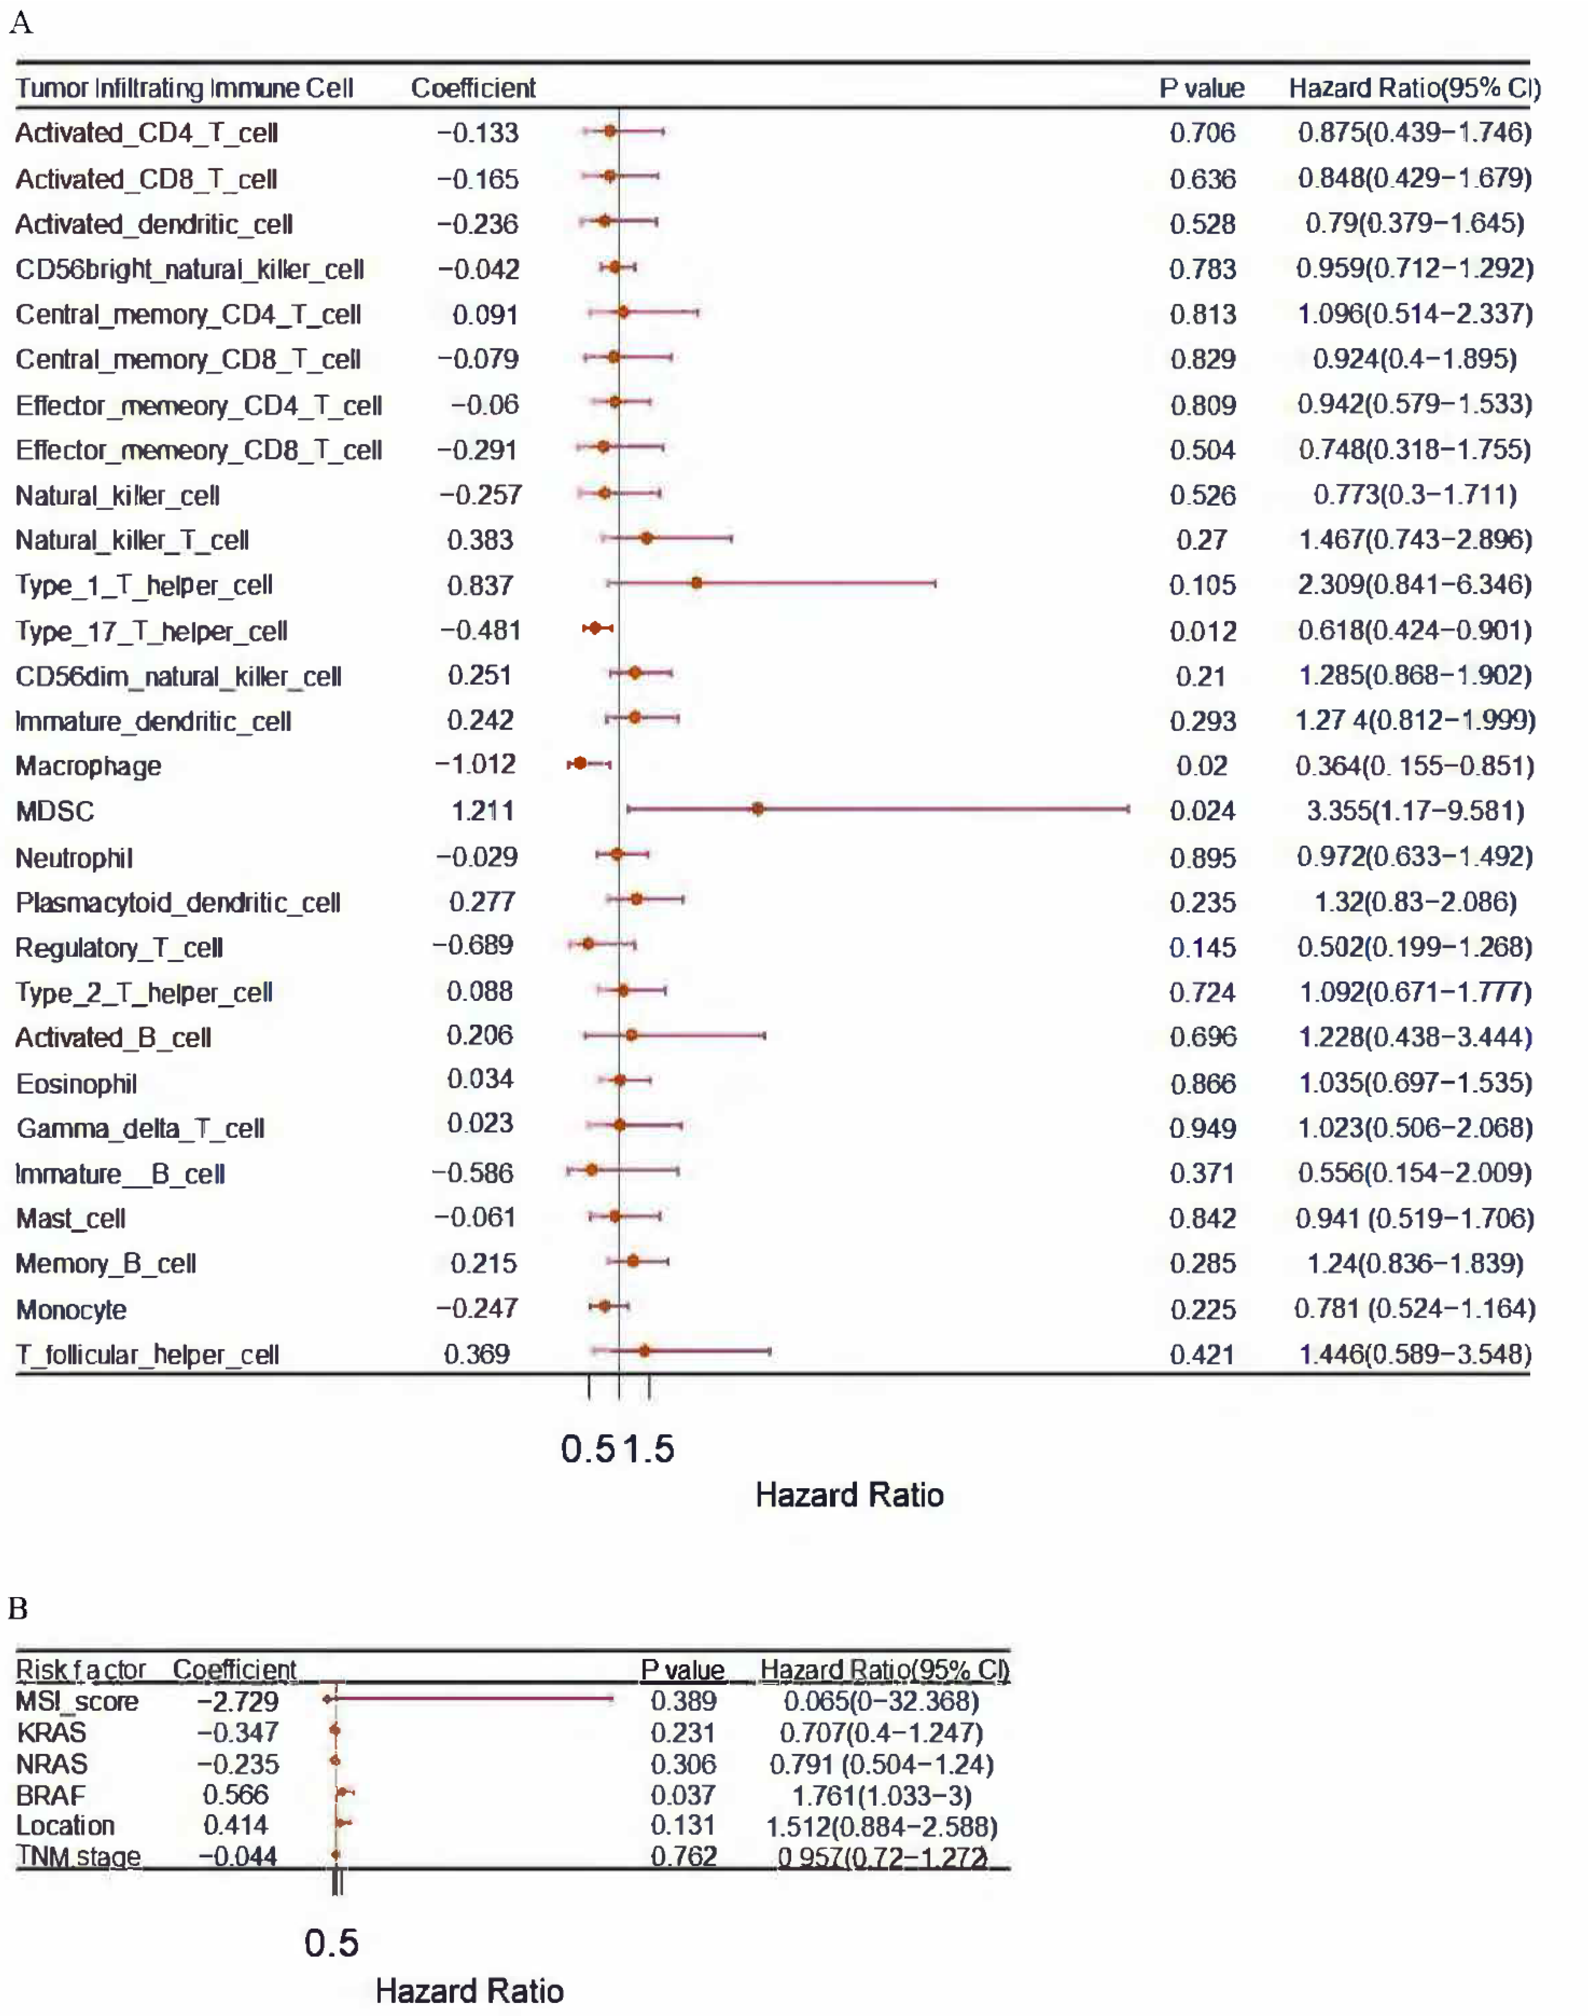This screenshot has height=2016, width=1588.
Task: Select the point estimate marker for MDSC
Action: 758,809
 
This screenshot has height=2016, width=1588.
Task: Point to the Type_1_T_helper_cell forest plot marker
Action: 696,583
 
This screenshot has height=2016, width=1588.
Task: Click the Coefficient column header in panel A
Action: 473,88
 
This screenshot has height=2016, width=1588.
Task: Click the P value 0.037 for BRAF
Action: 683,1795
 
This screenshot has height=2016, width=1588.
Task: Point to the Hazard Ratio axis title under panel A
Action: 849,1495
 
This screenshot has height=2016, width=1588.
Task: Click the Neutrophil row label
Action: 74,858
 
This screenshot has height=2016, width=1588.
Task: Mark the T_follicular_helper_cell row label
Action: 147,1355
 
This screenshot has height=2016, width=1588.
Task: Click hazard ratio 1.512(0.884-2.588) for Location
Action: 881,1826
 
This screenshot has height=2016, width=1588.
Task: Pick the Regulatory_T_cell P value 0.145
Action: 1202,947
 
